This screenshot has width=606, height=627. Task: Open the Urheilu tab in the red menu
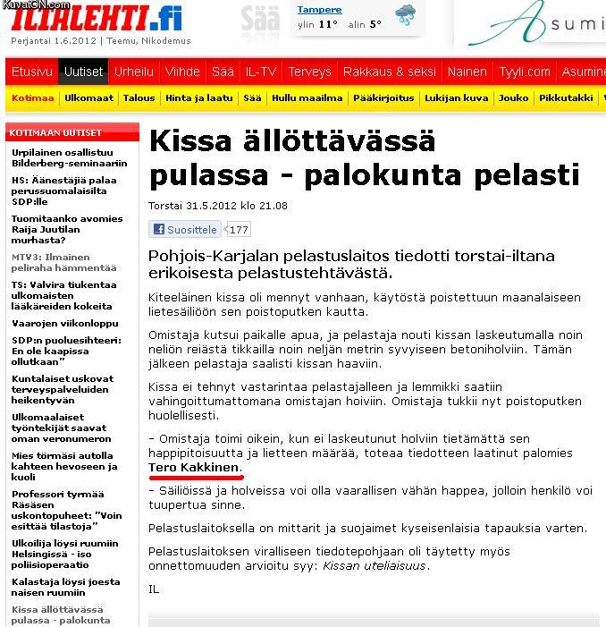tap(134, 72)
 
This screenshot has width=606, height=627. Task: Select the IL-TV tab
tap(261, 72)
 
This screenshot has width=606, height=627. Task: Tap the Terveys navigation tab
tap(309, 72)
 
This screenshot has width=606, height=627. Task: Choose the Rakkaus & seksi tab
tap(390, 72)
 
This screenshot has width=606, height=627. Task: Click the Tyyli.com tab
tap(525, 72)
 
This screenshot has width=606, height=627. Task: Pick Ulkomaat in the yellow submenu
tap(89, 98)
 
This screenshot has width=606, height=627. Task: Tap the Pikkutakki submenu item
tap(567, 98)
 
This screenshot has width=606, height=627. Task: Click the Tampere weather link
tap(319, 10)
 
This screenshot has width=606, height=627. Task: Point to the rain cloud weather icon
tap(406, 15)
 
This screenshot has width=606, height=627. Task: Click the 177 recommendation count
tap(239, 230)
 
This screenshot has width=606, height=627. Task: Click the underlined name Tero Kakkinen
tap(194, 468)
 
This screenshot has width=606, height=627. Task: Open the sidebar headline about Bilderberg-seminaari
tap(69, 157)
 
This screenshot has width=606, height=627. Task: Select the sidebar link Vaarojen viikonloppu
tap(64, 323)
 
